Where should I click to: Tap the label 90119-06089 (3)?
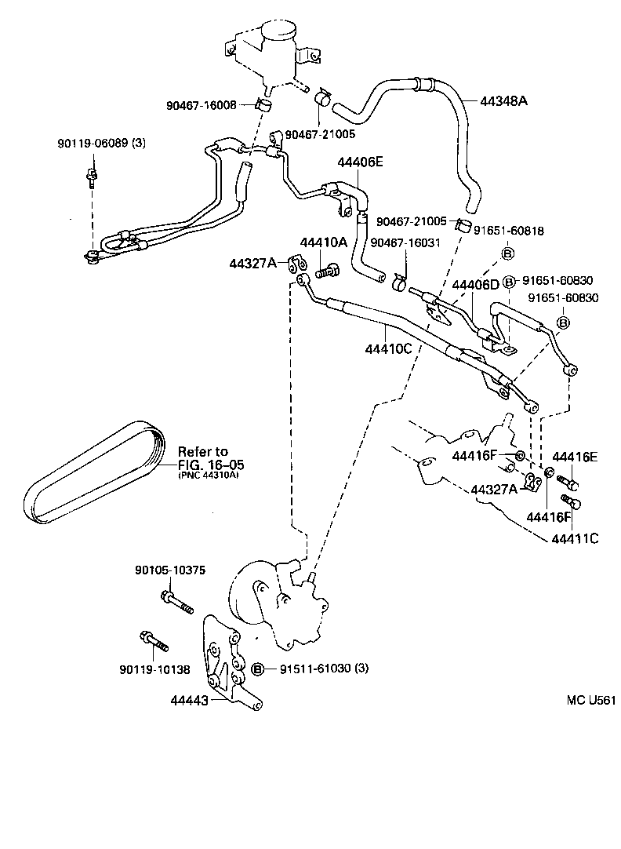click(101, 144)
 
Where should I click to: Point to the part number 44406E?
click(361, 162)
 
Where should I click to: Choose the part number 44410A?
click(323, 242)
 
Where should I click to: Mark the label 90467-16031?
click(405, 242)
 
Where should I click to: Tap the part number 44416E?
click(575, 457)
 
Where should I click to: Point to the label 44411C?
click(575, 539)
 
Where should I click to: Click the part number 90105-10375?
click(170, 570)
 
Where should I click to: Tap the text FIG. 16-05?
click(202, 463)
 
